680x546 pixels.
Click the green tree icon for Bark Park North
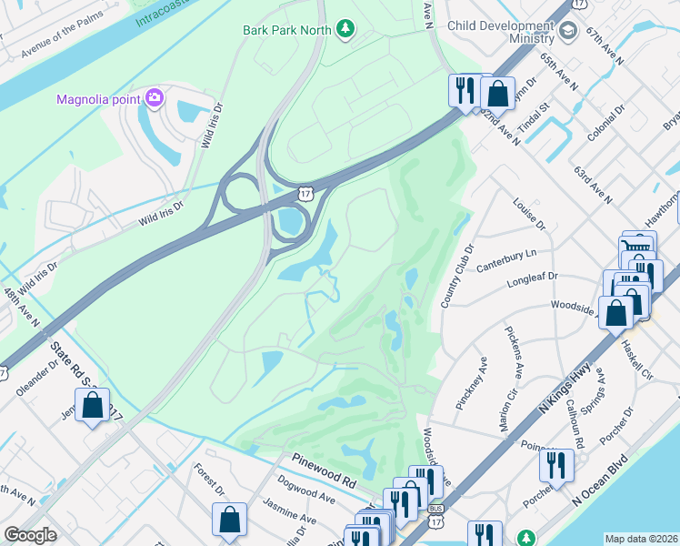click(345, 30)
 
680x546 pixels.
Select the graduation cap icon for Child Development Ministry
click(568, 33)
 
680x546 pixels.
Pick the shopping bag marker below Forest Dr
click(230, 520)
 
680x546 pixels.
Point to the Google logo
click(30, 535)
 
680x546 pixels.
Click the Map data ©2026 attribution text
click(641, 538)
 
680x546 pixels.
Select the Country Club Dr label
click(457, 276)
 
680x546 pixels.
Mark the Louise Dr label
click(528, 214)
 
